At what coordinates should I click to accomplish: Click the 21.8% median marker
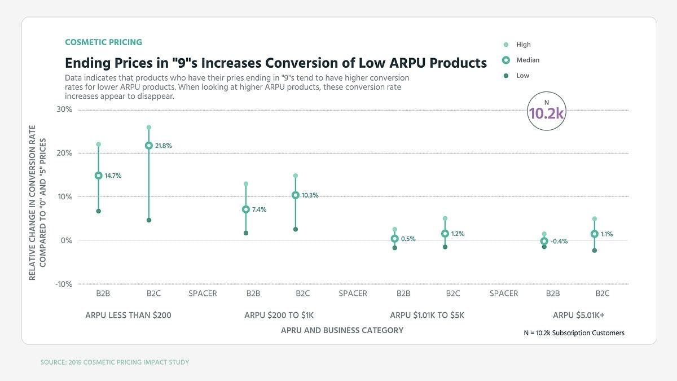(149, 146)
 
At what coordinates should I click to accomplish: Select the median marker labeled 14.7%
(99, 176)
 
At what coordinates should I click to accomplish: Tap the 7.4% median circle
(246, 209)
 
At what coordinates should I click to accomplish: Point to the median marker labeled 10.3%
(296, 195)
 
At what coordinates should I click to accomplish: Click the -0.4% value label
(559, 241)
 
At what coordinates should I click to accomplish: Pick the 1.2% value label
(458, 234)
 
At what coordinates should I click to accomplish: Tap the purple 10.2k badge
(546, 111)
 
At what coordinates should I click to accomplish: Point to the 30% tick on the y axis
(64, 110)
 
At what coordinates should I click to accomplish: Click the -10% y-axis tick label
(63, 284)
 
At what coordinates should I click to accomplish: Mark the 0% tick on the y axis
(66, 240)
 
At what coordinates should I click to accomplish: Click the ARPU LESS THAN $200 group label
(128, 316)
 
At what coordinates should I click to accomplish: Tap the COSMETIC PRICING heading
(103, 42)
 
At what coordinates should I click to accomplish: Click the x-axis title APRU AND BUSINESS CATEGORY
(342, 330)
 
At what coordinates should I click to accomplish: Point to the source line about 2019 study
(115, 362)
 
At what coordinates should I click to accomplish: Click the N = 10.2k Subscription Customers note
(574, 333)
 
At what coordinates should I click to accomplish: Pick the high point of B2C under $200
(149, 128)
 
